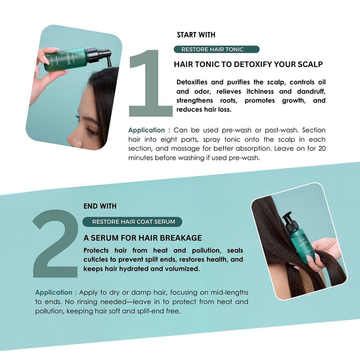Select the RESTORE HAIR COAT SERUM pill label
pyautogui.click(x=133, y=221)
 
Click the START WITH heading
pyautogui.click(x=196, y=35)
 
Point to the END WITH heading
pyautogui.click(x=100, y=206)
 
